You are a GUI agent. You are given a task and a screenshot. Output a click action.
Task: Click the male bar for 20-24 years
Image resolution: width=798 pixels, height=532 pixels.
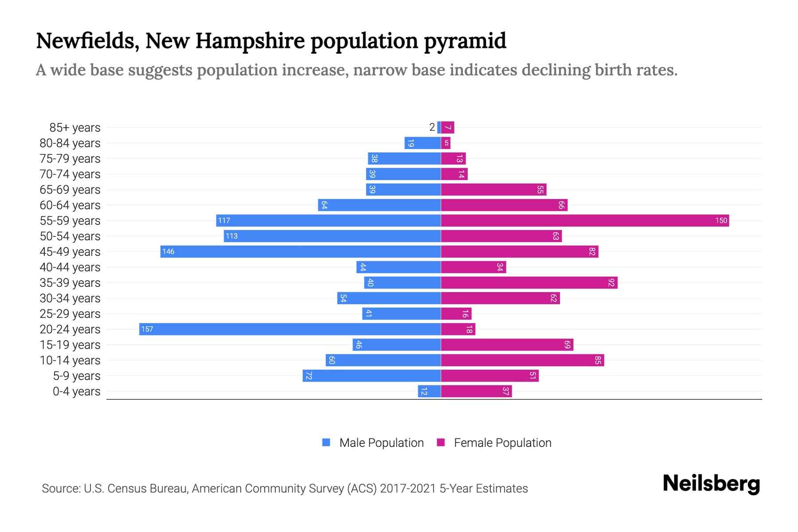290,329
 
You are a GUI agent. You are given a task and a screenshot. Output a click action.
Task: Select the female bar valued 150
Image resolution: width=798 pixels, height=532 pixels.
585,220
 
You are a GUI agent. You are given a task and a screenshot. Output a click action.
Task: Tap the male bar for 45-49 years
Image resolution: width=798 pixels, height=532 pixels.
301,251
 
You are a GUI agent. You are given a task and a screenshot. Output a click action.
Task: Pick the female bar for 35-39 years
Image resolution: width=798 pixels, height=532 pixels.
529,282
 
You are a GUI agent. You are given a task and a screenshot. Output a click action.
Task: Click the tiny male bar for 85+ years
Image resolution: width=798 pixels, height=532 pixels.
439,127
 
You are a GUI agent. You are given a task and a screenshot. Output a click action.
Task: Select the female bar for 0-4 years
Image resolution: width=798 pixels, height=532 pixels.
476,391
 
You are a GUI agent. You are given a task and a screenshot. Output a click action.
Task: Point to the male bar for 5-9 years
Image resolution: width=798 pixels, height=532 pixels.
372,376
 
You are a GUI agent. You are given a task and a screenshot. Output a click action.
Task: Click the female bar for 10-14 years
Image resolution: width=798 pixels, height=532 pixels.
522,360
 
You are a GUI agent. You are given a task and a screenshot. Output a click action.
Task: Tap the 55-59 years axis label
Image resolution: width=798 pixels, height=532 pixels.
70,221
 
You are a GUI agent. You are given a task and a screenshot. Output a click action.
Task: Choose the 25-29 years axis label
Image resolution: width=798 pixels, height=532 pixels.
70,314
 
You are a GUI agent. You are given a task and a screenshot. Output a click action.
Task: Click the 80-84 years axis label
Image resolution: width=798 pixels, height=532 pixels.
70,143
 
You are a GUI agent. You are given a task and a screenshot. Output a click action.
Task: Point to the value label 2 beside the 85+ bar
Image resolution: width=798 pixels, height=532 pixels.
432,127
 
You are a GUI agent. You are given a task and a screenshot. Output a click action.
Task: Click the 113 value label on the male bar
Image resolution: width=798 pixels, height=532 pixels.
231,236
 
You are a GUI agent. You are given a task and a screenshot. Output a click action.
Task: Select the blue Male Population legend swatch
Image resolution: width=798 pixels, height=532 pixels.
326,442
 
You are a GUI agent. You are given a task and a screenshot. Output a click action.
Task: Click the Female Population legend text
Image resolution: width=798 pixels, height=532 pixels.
502,442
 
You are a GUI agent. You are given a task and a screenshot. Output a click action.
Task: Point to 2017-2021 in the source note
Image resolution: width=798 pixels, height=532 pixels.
407,489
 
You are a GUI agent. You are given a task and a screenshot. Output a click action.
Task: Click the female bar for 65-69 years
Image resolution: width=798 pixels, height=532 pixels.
493,189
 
